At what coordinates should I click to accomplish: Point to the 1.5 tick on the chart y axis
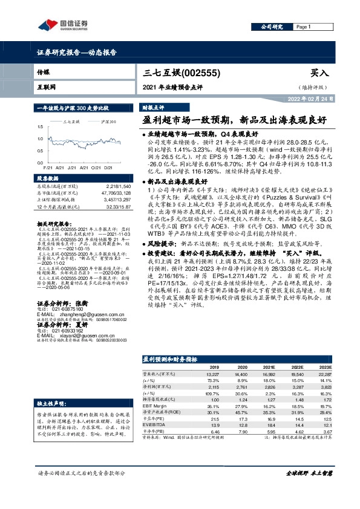[39, 126]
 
